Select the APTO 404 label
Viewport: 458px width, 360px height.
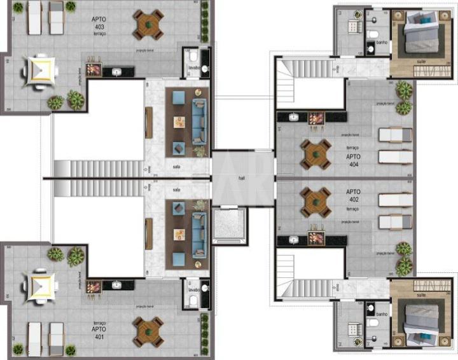pyautogui.click(x=354, y=160)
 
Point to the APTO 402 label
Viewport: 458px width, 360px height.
pyautogui.click(x=354, y=195)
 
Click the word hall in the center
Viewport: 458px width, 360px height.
pyautogui.click(x=242, y=179)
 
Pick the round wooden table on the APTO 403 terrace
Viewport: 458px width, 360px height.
pyautogui.click(x=148, y=24)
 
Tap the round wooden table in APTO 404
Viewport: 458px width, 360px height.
pyautogui.click(x=316, y=153)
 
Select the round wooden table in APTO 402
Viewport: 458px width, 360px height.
pyautogui.click(x=316, y=202)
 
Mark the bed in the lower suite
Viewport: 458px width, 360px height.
pyautogui.click(x=412, y=318)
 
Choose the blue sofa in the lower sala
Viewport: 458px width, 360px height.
pyautogui.click(x=199, y=235)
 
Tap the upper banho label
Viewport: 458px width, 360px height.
pyautogui.click(x=382, y=43)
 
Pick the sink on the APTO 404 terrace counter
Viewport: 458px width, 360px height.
pyautogui.click(x=295, y=117)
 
